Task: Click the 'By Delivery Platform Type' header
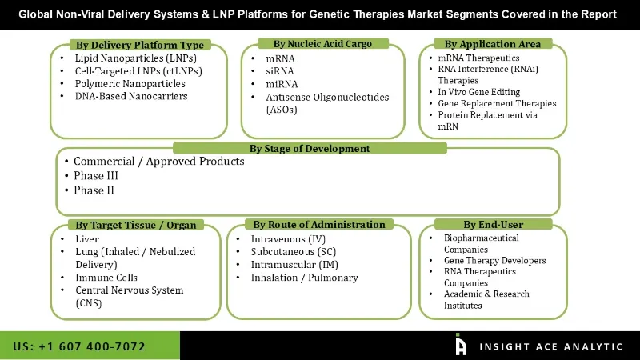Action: [140, 45]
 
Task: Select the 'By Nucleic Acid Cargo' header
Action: [322, 43]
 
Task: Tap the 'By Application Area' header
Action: [492, 44]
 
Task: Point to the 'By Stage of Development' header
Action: [310, 148]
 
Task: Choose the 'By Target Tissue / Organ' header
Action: [135, 225]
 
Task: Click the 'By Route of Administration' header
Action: [319, 225]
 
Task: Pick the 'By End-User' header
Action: [493, 225]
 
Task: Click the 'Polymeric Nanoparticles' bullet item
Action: [131, 83]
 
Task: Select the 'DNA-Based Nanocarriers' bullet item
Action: [131, 96]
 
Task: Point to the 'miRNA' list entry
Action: [282, 84]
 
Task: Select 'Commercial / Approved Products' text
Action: [158, 162]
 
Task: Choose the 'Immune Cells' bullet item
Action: [106, 278]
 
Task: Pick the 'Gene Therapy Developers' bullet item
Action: [494, 261]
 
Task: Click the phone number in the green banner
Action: [79, 346]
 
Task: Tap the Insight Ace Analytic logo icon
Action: [461, 345]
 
